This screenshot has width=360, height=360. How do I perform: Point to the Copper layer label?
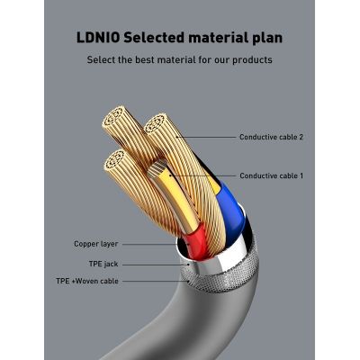coord(95,244)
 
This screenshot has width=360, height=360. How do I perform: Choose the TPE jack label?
coord(104,264)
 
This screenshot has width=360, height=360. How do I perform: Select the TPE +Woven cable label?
coord(87,281)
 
